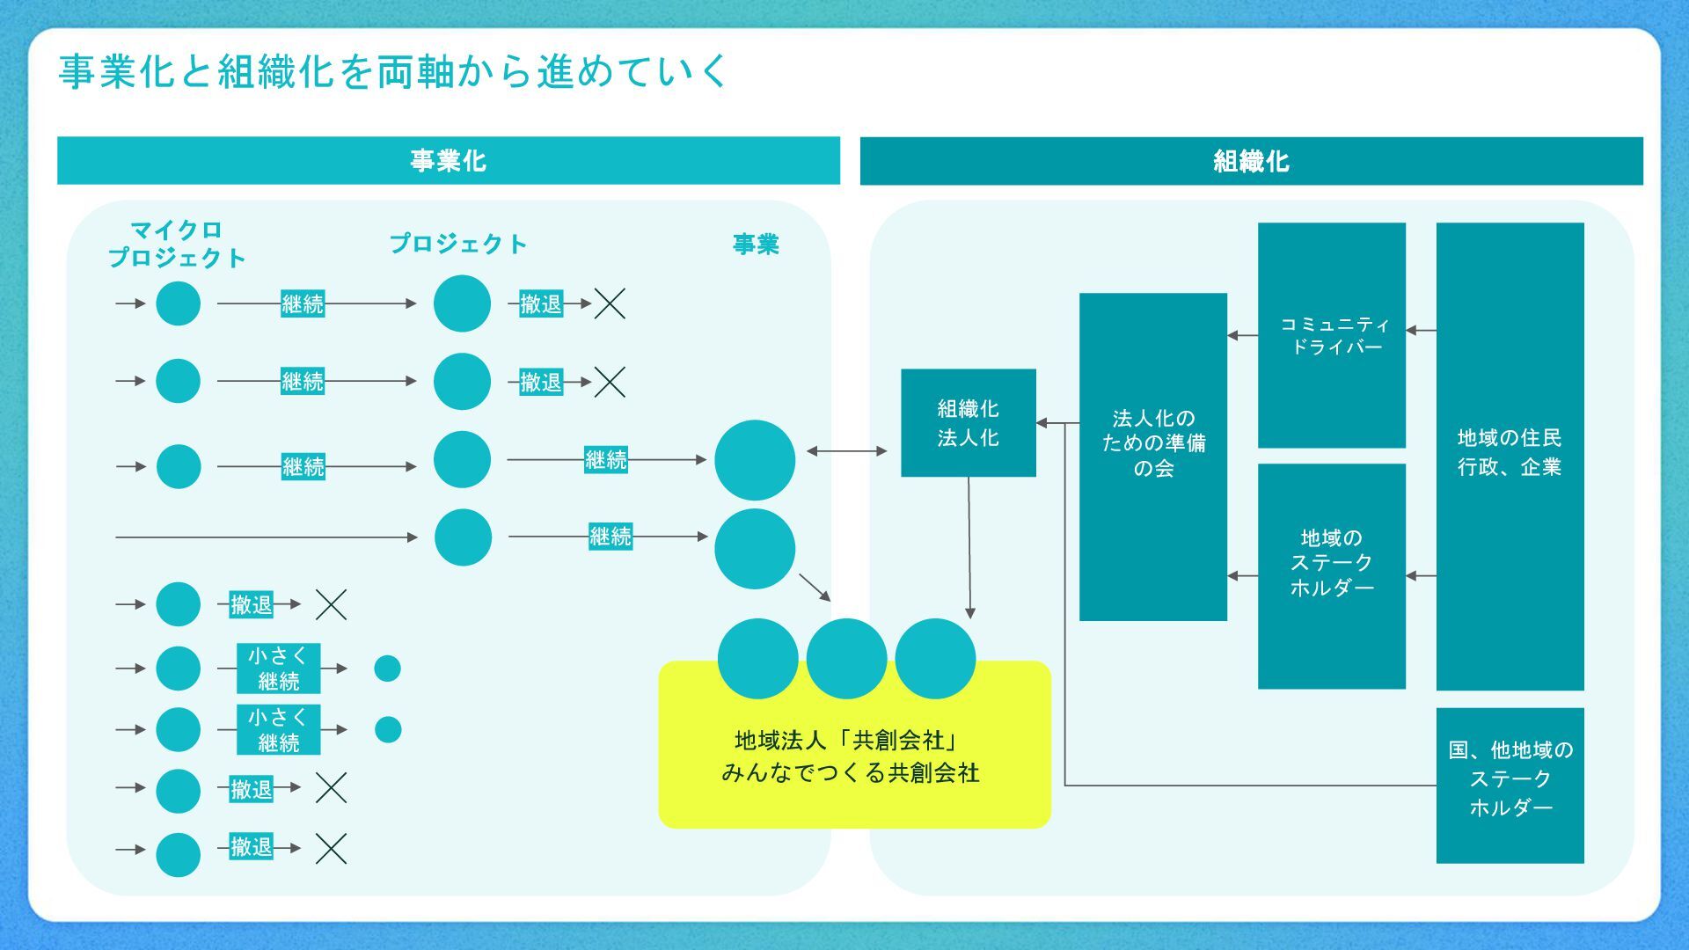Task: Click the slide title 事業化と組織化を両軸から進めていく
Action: point(392,72)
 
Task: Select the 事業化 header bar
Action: point(448,161)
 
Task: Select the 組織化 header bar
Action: point(1251,161)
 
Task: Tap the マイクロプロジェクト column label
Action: point(177,244)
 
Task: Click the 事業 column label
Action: point(756,244)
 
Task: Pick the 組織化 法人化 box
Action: point(968,423)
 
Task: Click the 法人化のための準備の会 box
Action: point(1152,457)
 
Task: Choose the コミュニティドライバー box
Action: point(1331,335)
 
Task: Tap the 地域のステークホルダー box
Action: point(1331,575)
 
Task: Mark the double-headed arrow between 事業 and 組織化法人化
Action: point(846,451)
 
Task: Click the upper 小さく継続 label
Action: point(278,669)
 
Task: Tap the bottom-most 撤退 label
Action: point(252,846)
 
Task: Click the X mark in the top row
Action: point(610,303)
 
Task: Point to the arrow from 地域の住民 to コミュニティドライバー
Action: point(1421,331)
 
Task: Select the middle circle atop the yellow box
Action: point(846,658)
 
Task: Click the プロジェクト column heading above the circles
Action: point(457,244)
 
